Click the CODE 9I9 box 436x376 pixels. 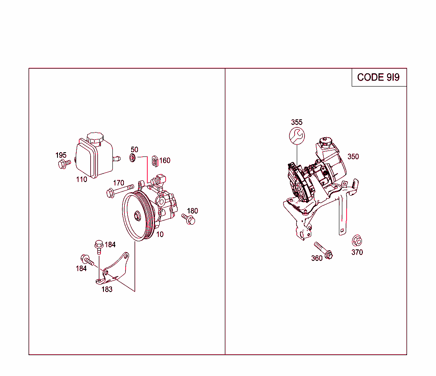click(x=379, y=77)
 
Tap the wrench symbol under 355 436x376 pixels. click(x=296, y=136)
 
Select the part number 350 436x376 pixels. click(x=353, y=156)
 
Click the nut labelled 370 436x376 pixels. click(x=356, y=240)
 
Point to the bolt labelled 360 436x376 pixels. click(x=323, y=250)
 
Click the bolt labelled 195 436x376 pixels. click(x=63, y=164)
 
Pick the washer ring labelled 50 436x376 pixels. click(x=132, y=159)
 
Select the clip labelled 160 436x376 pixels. click(x=155, y=160)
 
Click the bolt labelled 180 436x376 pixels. click(x=188, y=219)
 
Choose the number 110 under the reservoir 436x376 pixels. click(x=81, y=179)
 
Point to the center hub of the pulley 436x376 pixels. click(x=137, y=216)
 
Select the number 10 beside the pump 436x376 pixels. click(x=160, y=234)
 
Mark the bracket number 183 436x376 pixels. click(x=107, y=289)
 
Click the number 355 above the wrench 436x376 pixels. click(x=297, y=122)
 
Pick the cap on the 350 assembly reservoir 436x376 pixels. click(x=324, y=141)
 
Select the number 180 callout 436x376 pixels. click(x=192, y=211)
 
